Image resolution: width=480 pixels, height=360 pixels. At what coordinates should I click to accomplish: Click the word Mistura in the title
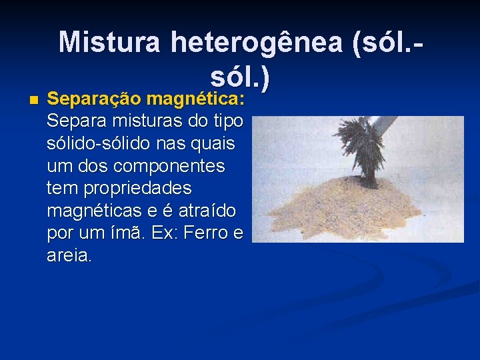coord(109,42)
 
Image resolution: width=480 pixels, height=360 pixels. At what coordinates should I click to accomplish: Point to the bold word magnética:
coord(196,100)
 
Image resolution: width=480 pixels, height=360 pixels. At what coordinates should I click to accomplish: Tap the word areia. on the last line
coord(70,255)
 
